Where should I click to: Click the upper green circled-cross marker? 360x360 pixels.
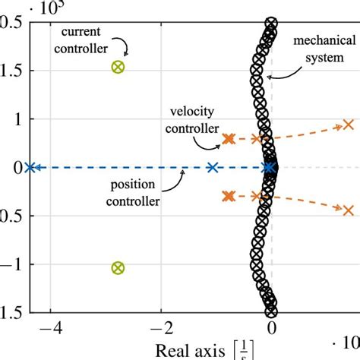[117, 67]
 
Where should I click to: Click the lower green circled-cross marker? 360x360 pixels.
[117, 267]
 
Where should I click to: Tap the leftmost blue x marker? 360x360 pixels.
[30, 168]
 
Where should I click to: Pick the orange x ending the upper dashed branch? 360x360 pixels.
[348, 125]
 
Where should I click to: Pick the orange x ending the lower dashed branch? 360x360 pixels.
[348, 210]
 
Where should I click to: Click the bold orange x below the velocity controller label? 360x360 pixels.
[228, 139]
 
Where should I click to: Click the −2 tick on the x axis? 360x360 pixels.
[159, 330]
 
